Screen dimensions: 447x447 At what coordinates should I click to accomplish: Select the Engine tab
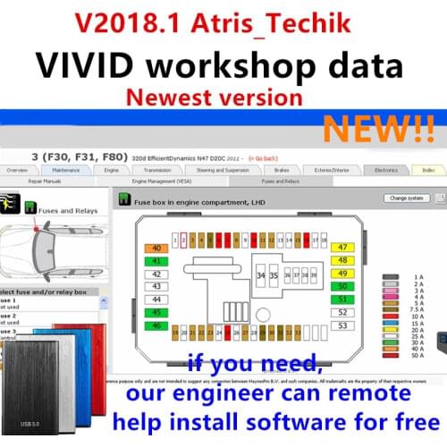tap(137, 169)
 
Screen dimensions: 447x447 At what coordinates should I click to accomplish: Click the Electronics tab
tap(385, 169)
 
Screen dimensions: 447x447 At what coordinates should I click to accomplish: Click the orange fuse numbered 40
tap(157, 248)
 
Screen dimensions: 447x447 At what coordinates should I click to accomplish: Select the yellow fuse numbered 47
tap(342, 247)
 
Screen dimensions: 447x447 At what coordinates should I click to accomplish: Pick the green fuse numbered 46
tap(157, 326)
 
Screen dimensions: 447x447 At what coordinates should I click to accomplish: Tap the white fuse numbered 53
tap(342, 325)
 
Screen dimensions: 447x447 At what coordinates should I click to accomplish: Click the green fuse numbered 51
tap(342, 299)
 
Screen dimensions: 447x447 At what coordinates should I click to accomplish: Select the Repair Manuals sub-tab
tap(44, 181)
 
